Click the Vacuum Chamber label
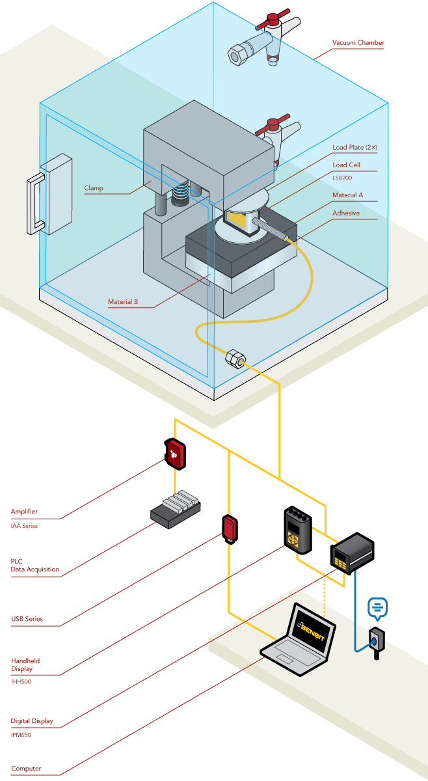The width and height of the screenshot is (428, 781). [358, 43]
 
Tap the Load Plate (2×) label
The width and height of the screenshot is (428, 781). [354, 148]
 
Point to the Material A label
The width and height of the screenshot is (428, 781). [347, 195]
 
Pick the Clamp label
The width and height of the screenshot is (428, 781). [93, 189]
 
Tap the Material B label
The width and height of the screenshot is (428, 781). [122, 301]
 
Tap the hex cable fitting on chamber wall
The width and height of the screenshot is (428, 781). [235, 359]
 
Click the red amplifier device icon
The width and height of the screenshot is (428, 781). [174, 454]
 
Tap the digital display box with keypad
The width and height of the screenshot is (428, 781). [351, 553]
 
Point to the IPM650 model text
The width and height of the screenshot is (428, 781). [21, 735]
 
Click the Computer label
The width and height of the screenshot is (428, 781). [26, 769]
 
